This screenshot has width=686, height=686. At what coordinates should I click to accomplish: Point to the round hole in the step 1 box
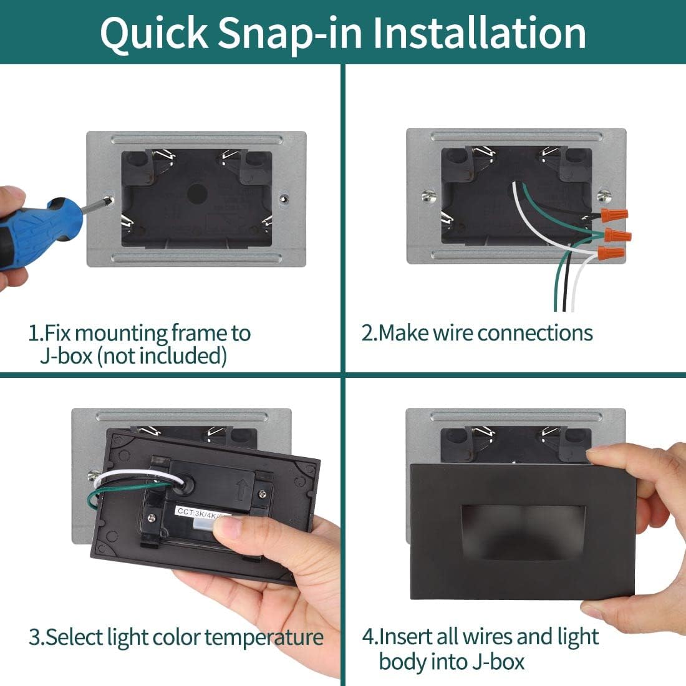[197, 194]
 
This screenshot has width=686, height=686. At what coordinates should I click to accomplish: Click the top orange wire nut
[614, 215]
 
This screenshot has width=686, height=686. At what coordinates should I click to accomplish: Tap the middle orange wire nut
[617, 235]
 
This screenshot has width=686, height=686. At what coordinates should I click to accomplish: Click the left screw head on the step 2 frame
[429, 196]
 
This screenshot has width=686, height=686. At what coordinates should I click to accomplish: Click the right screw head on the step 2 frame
[605, 195]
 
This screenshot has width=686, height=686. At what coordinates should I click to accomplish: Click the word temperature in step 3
[264, 639]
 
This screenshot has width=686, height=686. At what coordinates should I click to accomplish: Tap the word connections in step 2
[534, 333]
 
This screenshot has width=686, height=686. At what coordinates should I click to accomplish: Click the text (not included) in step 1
[162, 355]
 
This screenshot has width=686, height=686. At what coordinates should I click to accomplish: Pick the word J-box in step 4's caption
[498, 662]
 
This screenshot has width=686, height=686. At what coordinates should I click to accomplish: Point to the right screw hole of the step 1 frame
[284, 199]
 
